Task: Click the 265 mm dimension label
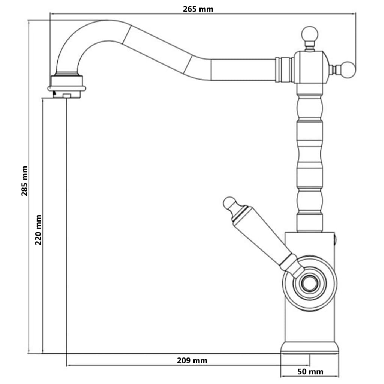pos(198,9)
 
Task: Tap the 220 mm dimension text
pos(38,229)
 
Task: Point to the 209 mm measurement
pos(192,360)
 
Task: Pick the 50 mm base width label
pos(310,371)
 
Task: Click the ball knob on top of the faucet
pos(310,34)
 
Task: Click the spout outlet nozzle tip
pos(67,94)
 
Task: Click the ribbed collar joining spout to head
pos(285,70)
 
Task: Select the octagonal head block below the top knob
pos(310,67)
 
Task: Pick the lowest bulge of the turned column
pos(310,202)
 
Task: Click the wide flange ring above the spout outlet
pos(67,88)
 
